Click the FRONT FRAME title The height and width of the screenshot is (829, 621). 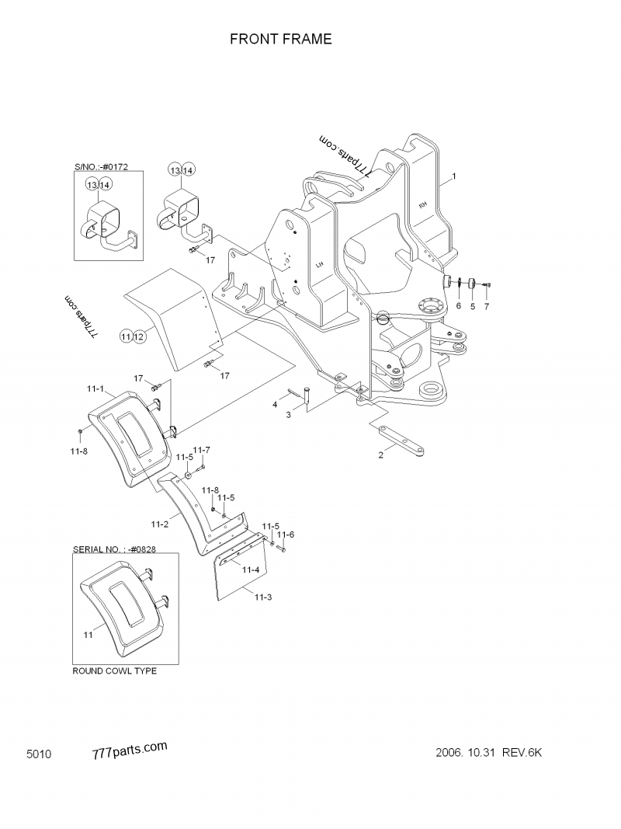[280, 39]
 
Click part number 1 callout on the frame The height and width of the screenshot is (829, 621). [454, 176]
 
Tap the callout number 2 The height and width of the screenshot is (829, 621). [380, 456]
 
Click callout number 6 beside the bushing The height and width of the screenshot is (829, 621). [458, 306]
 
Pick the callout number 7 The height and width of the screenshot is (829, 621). [487, 306]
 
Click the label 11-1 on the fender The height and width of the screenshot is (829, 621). [95, 386]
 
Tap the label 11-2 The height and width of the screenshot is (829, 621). [160, 524]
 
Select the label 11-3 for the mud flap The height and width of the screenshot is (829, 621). [263, 595]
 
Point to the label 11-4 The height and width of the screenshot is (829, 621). [250, 570]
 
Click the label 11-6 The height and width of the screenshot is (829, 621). [286, 534]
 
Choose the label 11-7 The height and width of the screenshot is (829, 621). [201, 450]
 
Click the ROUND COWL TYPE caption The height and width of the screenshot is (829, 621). [114, 671]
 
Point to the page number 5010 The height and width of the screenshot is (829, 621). [39, 754]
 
